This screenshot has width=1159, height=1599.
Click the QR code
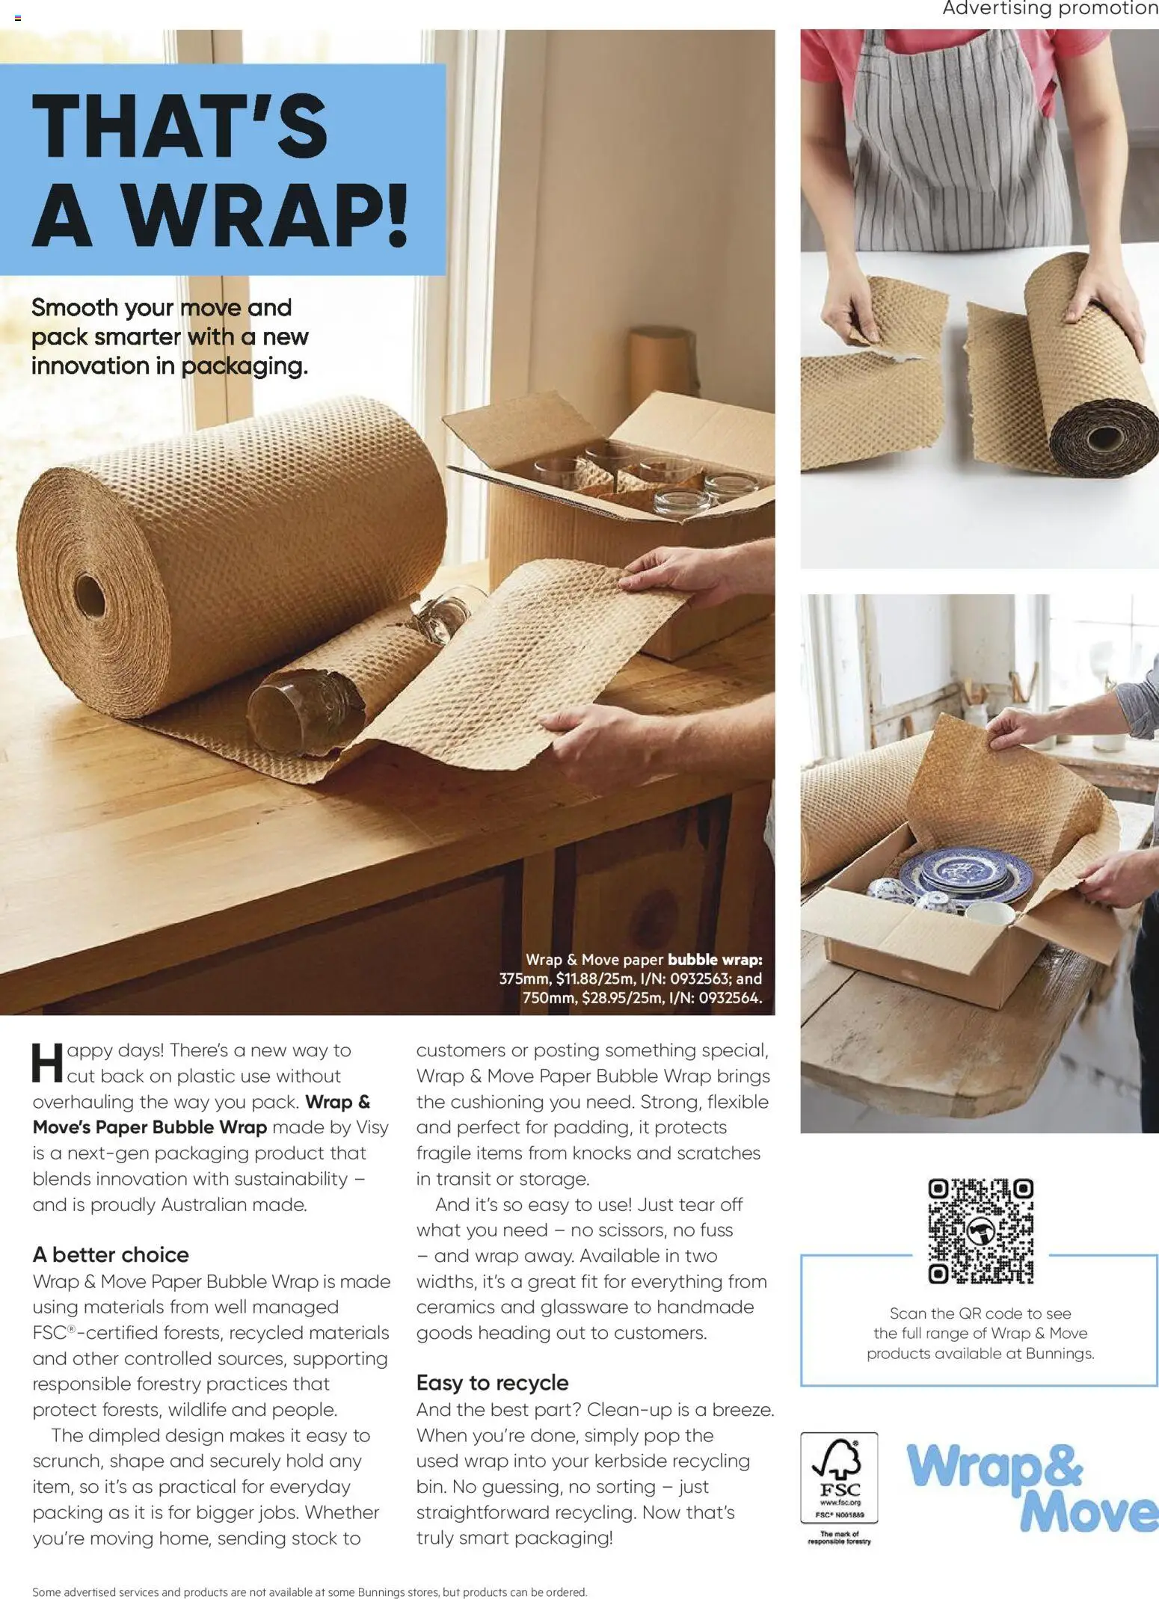(980, 1230)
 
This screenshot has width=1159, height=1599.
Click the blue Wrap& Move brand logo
(1032, 1487)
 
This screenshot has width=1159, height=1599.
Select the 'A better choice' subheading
(111, 1254)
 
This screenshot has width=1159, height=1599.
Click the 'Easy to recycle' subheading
(492, 1382)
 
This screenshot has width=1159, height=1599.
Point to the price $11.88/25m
(594, 979)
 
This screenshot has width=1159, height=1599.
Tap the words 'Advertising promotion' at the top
(1050, 9)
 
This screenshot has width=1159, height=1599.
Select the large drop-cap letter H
(48, 1063)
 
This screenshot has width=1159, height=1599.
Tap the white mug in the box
(989, 914)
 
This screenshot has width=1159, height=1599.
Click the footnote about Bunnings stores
(310, 1592)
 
